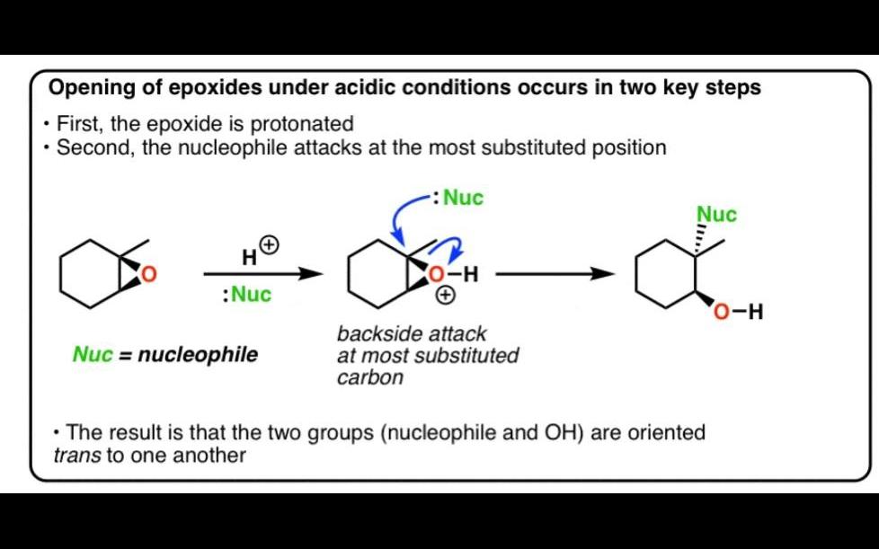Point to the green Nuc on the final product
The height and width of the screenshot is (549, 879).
click(716, 215)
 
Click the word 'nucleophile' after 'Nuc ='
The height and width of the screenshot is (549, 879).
click(198, 355)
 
